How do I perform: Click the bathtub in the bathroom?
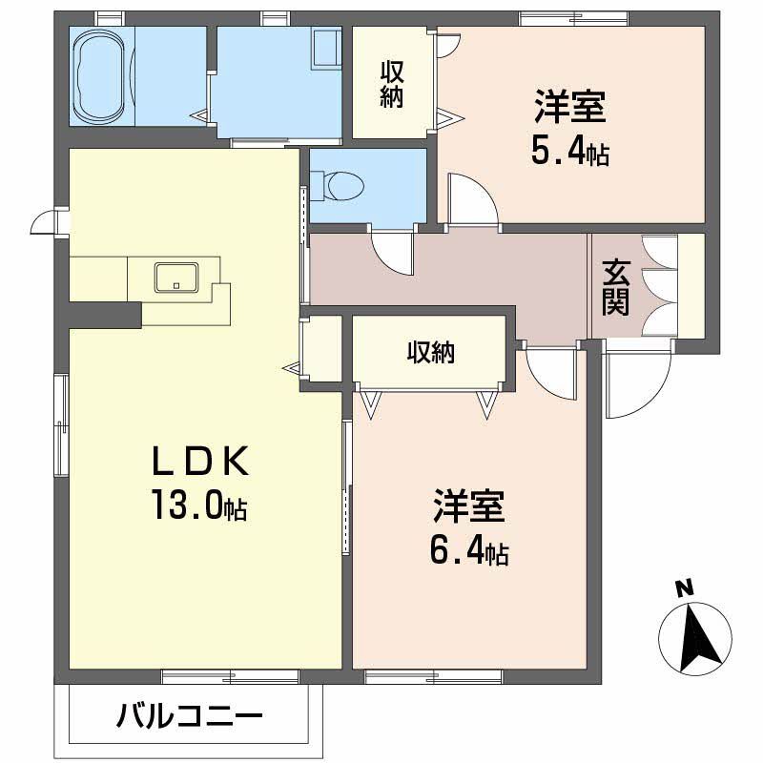(104, 75)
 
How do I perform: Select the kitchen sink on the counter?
(176, 277)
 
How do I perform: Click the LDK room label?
(201, 463)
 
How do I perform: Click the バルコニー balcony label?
(191, 715)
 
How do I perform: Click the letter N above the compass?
(684, 589)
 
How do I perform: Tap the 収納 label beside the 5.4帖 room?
(391, 84)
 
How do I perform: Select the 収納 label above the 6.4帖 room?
(430, 352)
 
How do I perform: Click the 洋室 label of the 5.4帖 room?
(570, 108)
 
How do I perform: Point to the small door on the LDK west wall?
(44, 223)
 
